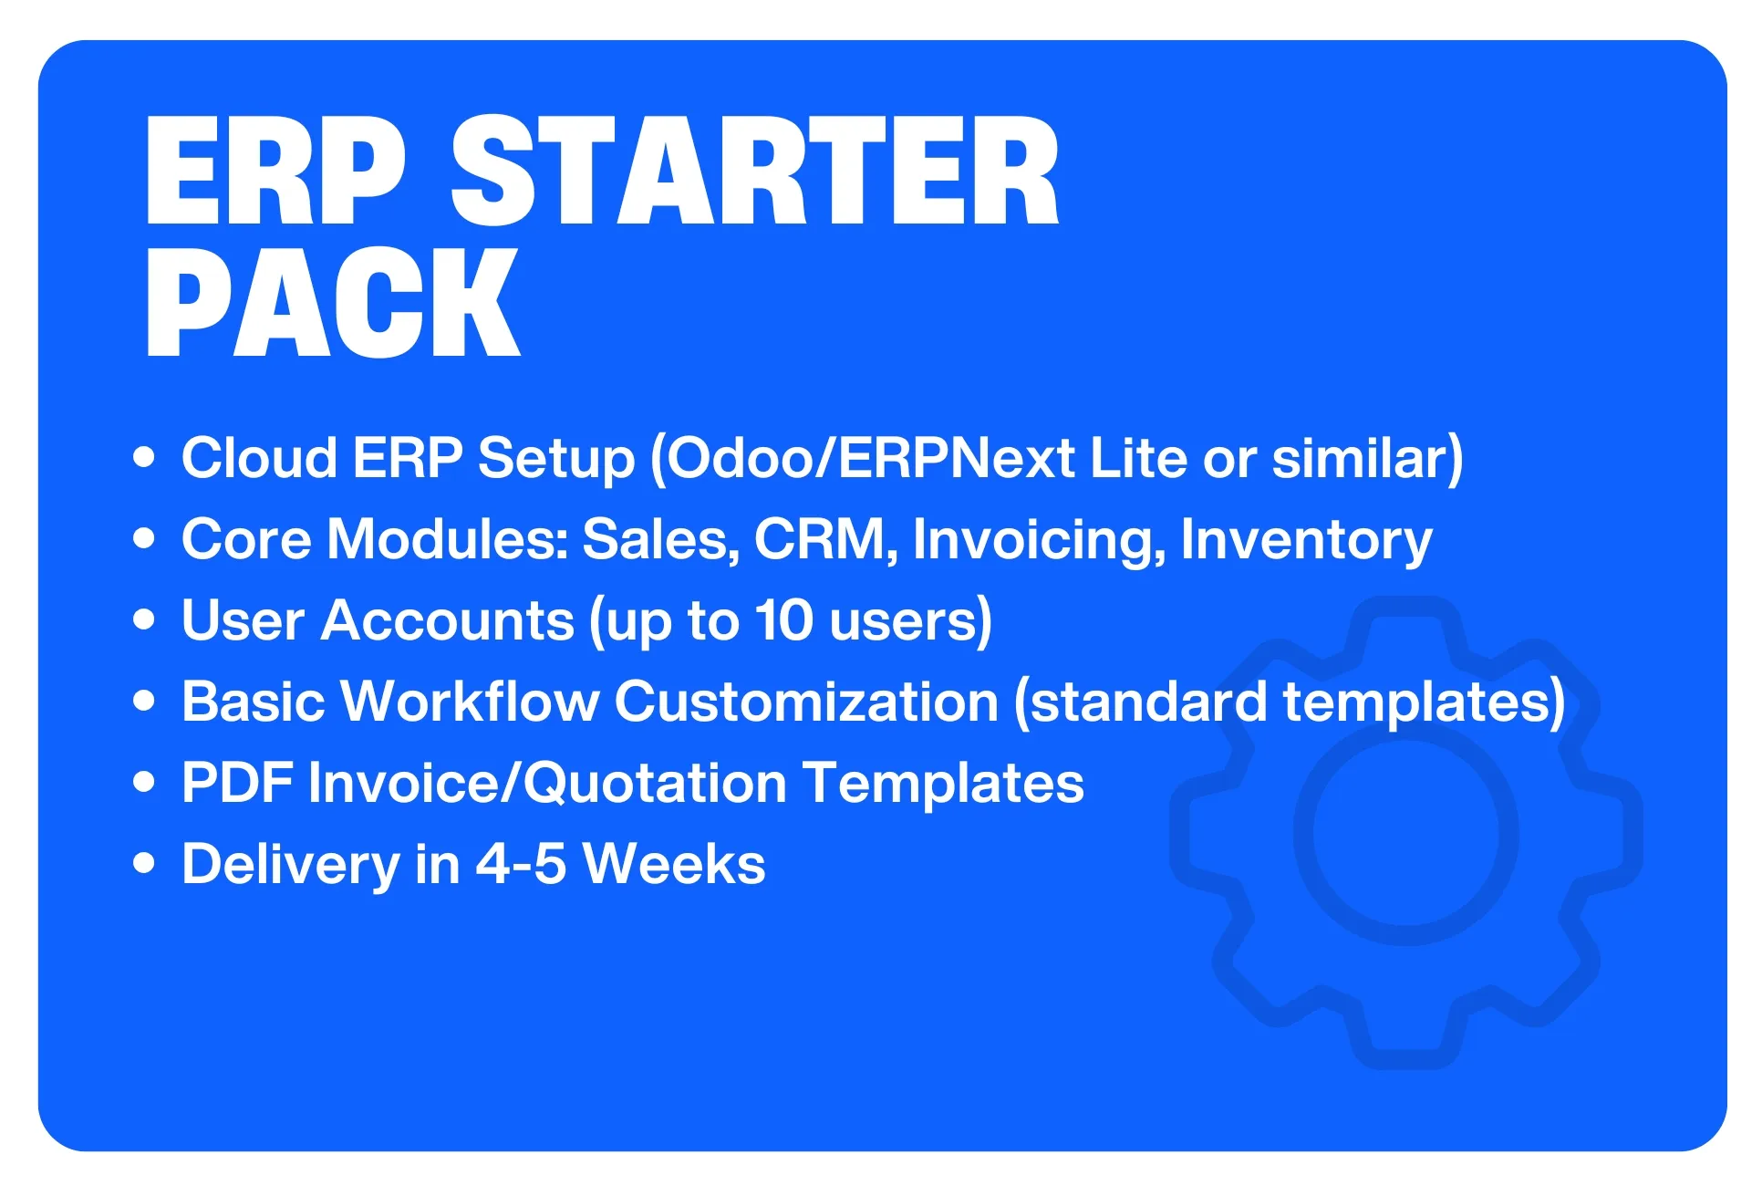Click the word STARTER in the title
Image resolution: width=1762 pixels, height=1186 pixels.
tap(755, 171)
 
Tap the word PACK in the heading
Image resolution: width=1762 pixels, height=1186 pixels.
tap(332, 302)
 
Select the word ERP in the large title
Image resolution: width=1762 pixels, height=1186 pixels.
tap(275, 171)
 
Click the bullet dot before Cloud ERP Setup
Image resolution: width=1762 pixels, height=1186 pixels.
tap(144, 456)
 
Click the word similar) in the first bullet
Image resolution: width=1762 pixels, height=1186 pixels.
tap(1368, 458)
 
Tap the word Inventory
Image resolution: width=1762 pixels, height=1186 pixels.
tap(1306, 540)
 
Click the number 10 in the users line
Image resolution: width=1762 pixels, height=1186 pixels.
tap(784, 620)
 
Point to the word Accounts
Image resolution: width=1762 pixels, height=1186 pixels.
tap(448, 620)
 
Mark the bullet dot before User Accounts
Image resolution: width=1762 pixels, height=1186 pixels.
tap(144, 619)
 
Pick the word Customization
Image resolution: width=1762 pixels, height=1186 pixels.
tap(807, 702)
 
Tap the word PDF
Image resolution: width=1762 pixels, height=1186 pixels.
tap(237, 783)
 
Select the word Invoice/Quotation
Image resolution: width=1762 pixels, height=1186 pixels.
tap(548, 783)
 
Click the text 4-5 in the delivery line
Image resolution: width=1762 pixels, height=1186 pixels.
tap(521, 864)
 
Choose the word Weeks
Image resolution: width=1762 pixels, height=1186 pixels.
tap(674, 864)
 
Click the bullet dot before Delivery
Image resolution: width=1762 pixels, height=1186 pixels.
tap(144, 863)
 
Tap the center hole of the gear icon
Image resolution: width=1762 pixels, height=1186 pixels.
tap(1405, 834)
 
